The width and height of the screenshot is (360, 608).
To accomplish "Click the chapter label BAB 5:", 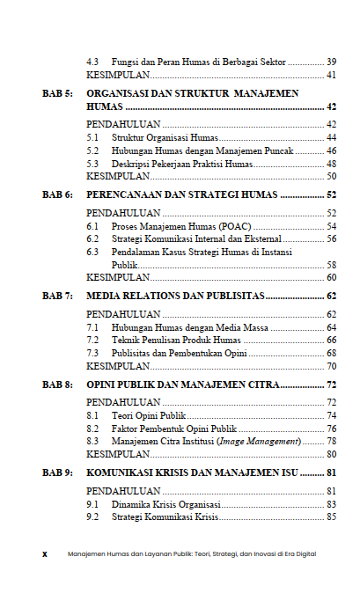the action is pos(57,92).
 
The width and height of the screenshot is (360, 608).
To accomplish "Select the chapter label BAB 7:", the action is pos(57,297).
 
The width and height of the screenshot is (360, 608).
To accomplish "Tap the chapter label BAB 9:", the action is pos(57,472).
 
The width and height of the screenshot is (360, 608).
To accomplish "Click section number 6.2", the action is pos(92,238).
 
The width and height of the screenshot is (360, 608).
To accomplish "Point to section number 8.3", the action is pos(92,441).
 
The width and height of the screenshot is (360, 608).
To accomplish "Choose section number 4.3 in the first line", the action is pos(92,62).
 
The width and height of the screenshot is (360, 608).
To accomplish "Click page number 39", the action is pos(331,62).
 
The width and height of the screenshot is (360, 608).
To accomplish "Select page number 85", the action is pos(331,516).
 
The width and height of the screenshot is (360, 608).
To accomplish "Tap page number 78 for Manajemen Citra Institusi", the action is pos(331,441).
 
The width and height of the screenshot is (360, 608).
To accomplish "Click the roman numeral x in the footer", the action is pos(45,554).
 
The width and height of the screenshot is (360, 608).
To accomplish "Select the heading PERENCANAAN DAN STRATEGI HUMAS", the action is pos(182,194).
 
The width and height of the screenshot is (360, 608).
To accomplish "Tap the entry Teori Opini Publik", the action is pos(149,415).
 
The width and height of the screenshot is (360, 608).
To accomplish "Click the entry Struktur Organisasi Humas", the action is pos(164,138).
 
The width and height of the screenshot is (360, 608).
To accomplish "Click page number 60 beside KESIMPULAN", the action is pos(331,277).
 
